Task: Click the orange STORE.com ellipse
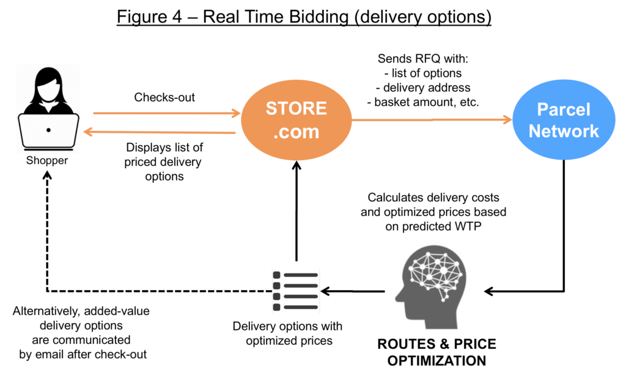pyautogui.click(x=296, y=120)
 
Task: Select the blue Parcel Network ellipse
pyautogui.click(x=564, y=120)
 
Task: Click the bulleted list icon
pyautogui.click(x=295, y=291)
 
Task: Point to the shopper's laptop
pyautogui.click(x=48, y=132)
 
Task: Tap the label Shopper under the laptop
pyautogui.click(x=46, y=161)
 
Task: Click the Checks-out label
pyautogui.click(x=164, y=97)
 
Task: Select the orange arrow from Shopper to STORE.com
pyautogui.click(x=166, y=113)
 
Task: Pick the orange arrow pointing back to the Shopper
pyautogui.click(x=160, y=132)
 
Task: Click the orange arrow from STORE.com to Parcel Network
pyautogui.click(x=432, y=119)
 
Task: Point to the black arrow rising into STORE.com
pyautogui.click(x=296, y=211)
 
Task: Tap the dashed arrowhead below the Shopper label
pyautogui.click(x=47, y=175)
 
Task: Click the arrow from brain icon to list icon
pyautogui.click(x=353, y=291)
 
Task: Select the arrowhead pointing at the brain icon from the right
pyautogui.click(x=489, y=291)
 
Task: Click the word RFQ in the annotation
pyautogui.click(x=426, y=59)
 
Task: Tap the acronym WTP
pyautogui.click(x=468, y=226)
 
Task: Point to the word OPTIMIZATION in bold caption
pyautogui.click(x=436, y=361)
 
